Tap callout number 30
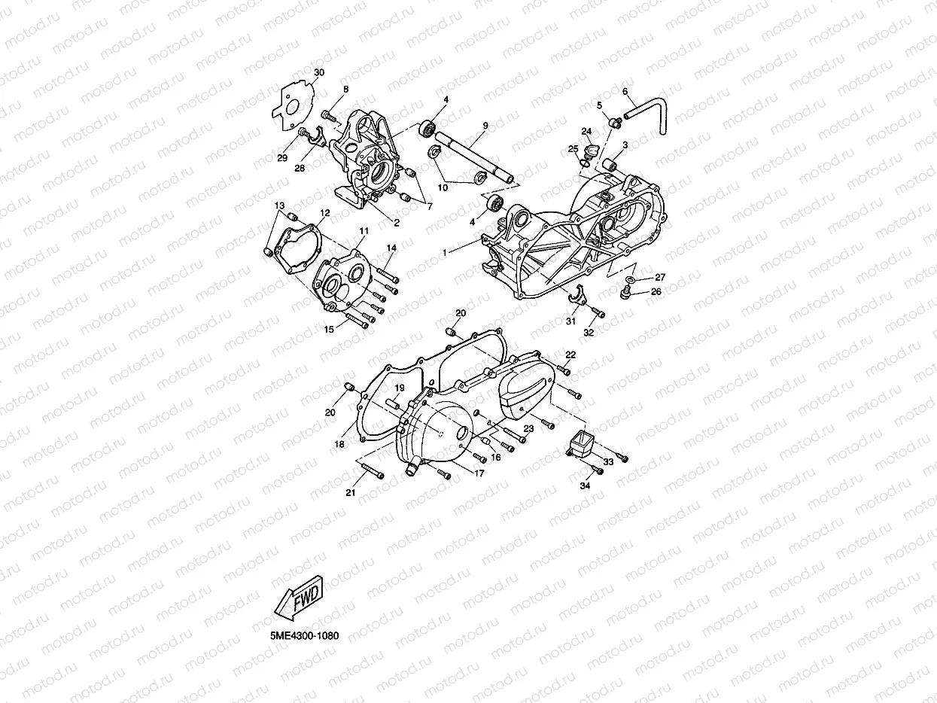click(x=319, y=72)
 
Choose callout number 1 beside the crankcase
click(x=445, y=254)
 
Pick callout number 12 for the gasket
click(x=324, y=214)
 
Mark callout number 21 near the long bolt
click(x=349, y=492)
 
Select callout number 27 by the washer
click(x=660, y=277)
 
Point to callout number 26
click(x=656, y=292)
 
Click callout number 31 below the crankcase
click(x=570, y=321)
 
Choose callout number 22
click(x=570, y=355)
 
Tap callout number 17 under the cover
click(x=479, y=473)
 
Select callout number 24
click(x=585, y=131)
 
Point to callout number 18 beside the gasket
click(x=339, y=445)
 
